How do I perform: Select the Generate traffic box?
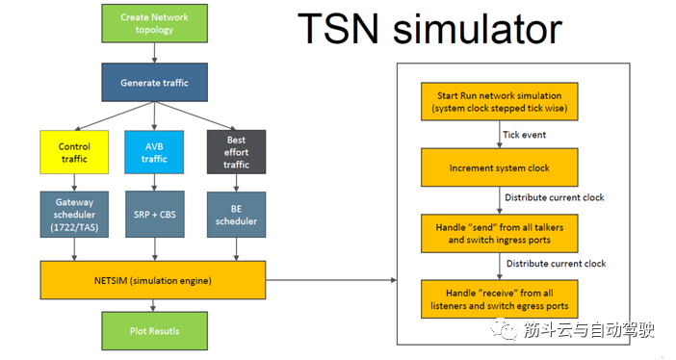(x=154, y=83)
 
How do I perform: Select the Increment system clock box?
(x=500, y=167)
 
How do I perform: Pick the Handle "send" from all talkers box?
(x=500, y=232)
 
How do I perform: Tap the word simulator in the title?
(x=479, y=29)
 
